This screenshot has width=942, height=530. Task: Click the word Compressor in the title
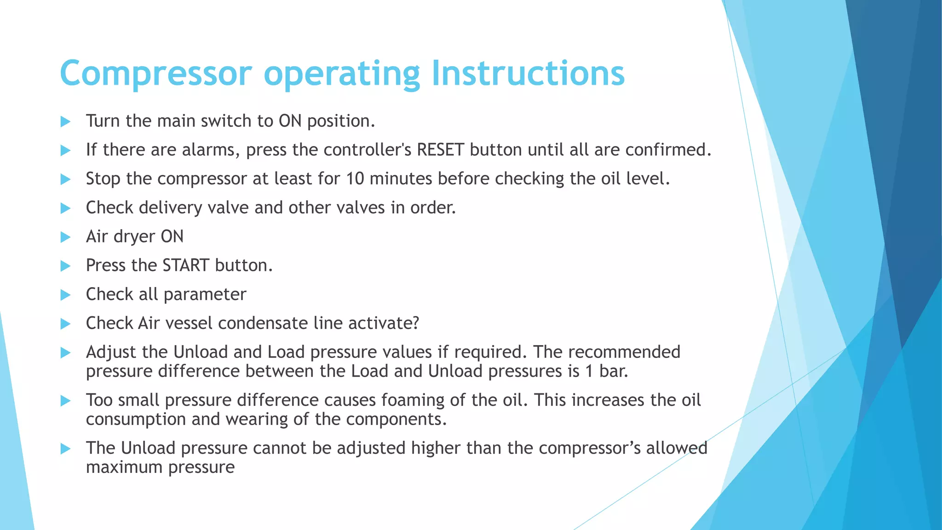156,74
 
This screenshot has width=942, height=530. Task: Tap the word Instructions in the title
528,74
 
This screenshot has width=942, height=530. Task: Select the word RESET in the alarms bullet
440,150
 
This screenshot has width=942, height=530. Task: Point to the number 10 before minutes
355,179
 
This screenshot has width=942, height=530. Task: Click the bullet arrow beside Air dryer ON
65,237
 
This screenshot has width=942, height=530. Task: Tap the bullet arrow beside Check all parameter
65,295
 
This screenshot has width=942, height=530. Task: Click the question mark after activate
415,323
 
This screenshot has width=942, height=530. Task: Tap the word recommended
624,352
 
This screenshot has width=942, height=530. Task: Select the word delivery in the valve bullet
170,208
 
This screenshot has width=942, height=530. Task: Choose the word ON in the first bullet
290,121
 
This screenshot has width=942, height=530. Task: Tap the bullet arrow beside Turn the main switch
65,121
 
